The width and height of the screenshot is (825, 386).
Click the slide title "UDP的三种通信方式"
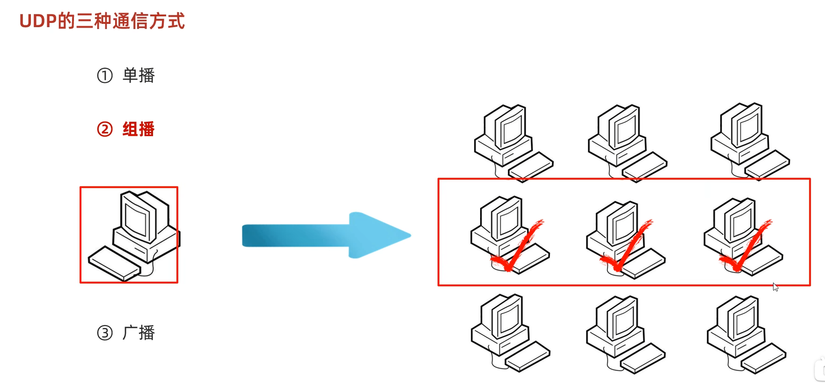pyautogui.click(x=102, y=22)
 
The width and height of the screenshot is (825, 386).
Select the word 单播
pyautogui.click(x=139, y=75)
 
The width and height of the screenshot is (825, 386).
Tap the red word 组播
pyautogui.click(x=139, y=129)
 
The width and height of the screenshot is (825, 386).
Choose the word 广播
pyautogui.click(x=139, y=333)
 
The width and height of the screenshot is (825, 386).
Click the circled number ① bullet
pyautogui.click(x=105, y=75)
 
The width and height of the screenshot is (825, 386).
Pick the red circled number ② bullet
pyautogui.click(x=105, y=129)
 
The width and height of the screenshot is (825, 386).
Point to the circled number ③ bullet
pyautogui.click(x=105, y=333)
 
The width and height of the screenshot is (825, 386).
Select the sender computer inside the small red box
pyautogui.click(x=140, y=225)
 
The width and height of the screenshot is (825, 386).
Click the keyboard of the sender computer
pyautogui.click(x=114, y=264)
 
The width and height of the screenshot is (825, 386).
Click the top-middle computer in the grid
pyautogui.click(x=625, y=140)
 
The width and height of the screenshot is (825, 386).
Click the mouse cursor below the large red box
pyautogui.click(x=775, y=287)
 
